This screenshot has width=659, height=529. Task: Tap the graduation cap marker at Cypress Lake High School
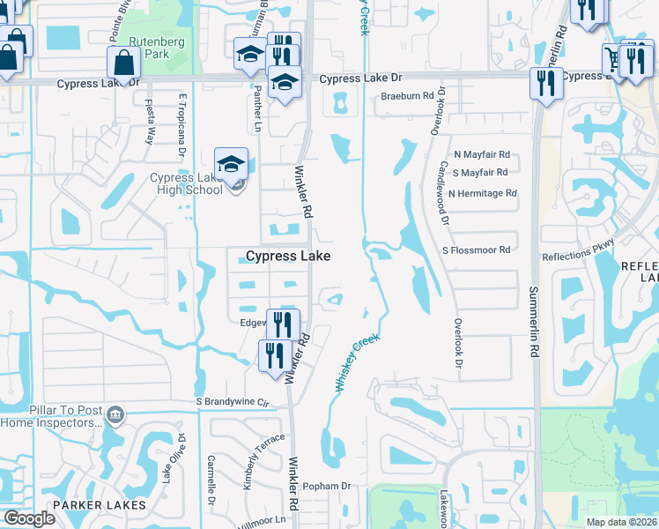tap(231, 164)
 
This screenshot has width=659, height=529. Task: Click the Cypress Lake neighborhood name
tap(288, 256)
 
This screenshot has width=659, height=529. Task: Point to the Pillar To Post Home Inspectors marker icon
tap(115, 414)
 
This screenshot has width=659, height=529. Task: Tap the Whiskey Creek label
tap(356, 362)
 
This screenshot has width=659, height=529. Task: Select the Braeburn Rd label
tap(408, 96)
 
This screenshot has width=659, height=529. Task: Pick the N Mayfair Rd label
tap(481, 153)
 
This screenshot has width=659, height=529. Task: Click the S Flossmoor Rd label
tap(478, 250)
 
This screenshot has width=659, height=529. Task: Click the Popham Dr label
tap(326, 486)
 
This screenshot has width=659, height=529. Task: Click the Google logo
tap(29, 518)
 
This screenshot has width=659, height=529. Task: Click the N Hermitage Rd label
tap(482, 193)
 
